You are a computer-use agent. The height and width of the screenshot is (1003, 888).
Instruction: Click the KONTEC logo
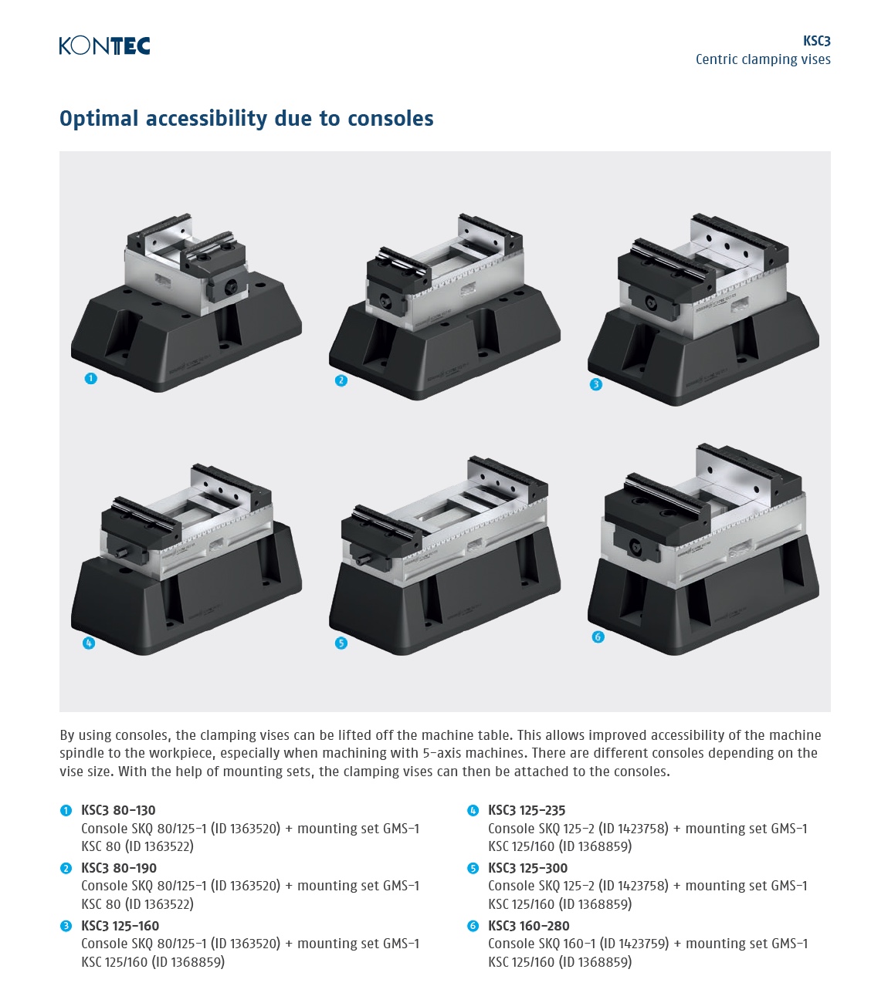click(104, 46)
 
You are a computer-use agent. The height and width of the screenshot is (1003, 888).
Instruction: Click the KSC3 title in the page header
click(816, 41)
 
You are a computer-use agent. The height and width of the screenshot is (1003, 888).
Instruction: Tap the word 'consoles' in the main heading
click(390, 119)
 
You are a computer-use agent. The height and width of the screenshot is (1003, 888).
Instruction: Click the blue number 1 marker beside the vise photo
click(90, 378)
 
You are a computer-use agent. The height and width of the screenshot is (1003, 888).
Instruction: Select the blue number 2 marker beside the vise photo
click(341, 380)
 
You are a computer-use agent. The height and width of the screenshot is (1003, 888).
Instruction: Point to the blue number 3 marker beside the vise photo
click(595, 384)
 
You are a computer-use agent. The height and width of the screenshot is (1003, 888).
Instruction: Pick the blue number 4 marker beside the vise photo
click(89, 643)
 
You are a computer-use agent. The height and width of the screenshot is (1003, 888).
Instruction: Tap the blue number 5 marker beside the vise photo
click(341, 643)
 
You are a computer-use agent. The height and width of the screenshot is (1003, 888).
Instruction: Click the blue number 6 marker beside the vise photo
click(598, 637)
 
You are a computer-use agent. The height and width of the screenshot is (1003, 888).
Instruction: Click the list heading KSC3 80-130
click(118, 810)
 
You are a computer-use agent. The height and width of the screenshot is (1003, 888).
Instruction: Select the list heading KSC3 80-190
click(119, 868)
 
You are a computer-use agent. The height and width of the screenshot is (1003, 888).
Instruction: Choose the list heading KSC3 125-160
click(120, 926)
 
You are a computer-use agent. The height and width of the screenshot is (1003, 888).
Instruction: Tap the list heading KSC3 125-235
click(527, 810)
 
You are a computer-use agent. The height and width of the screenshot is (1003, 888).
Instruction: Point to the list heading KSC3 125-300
click(527, 868)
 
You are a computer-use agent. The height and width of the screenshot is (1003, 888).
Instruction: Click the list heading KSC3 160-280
click(529, 926)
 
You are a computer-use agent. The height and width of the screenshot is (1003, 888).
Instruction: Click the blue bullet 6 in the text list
click(473, 926)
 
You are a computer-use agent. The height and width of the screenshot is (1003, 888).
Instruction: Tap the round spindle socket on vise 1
click(231, 288)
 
